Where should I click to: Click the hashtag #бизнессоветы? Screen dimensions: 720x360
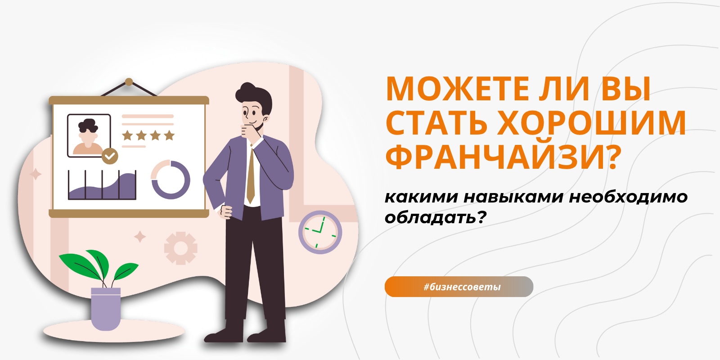point(462,287)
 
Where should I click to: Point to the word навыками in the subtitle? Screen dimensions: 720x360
point(513,197)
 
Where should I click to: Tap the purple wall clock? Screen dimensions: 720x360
point(320,232)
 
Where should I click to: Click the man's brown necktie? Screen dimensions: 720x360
point(251,175)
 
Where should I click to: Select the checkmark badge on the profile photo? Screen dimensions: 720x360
point(110,156)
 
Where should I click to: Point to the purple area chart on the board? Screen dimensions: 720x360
point(102,186)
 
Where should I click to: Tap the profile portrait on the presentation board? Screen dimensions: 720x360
point(89,135)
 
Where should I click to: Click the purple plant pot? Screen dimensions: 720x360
point(106,309)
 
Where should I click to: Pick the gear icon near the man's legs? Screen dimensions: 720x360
point(180,248)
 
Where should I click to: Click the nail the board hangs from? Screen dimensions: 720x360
point(129,82)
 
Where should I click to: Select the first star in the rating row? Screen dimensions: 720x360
point(128,135)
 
